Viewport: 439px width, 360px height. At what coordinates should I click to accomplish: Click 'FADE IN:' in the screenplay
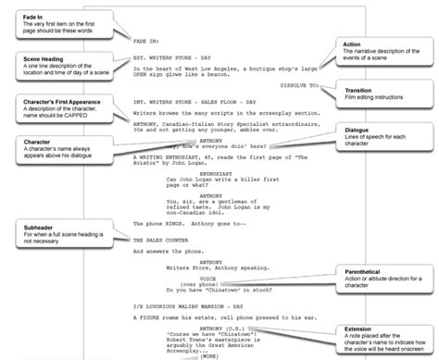147,42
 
